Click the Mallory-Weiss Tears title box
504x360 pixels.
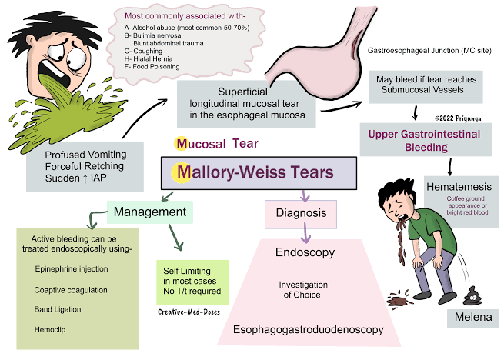259,172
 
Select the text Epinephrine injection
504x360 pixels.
72,269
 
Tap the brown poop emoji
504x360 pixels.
471,295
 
